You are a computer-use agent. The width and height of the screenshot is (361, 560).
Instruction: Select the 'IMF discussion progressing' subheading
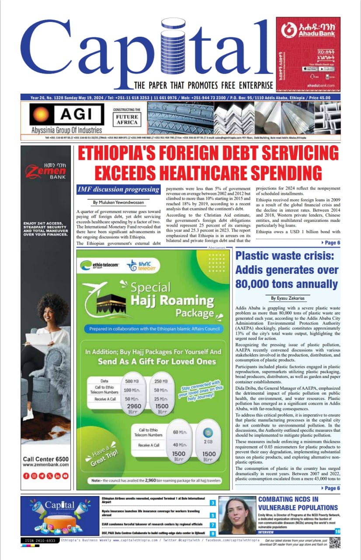118,189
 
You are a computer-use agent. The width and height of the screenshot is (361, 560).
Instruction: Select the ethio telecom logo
97,265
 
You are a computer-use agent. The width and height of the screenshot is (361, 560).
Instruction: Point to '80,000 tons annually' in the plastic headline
287,283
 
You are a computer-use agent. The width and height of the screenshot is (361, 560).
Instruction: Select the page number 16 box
337,531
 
